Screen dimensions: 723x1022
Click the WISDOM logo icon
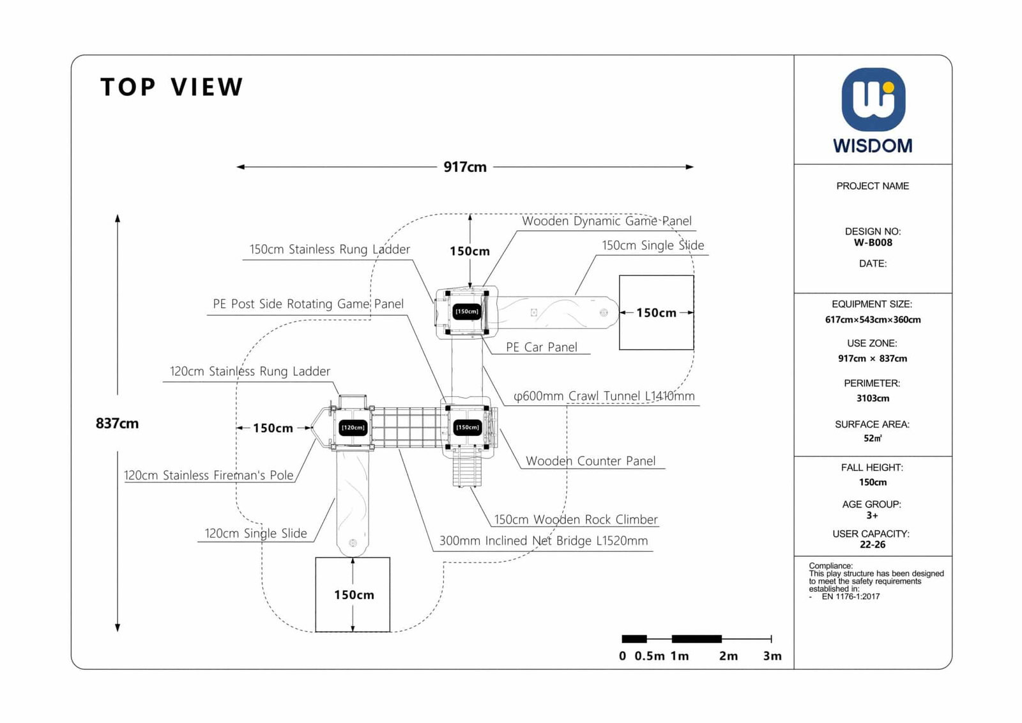873,100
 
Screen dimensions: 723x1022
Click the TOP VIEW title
172,87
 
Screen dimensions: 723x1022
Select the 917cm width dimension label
465,167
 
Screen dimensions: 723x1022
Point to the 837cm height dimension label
117,423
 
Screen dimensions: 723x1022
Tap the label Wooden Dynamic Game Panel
606,221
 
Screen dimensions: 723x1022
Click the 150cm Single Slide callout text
652,245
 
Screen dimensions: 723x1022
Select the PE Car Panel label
541,347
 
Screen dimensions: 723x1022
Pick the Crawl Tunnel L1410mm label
604,396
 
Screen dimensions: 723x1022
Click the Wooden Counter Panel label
590,461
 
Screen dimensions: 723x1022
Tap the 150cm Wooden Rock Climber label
576,520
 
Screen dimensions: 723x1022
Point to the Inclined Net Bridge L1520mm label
543,541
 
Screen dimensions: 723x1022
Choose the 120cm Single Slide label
256,533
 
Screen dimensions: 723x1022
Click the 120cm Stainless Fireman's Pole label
208,475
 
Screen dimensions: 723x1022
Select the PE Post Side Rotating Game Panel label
308,304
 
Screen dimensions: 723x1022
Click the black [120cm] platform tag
353,428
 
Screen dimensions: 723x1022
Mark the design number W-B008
873,242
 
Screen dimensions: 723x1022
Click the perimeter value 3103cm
873,398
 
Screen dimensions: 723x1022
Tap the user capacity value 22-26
873,545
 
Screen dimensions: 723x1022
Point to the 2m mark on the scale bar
728,656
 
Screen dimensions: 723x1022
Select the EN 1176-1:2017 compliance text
850,596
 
